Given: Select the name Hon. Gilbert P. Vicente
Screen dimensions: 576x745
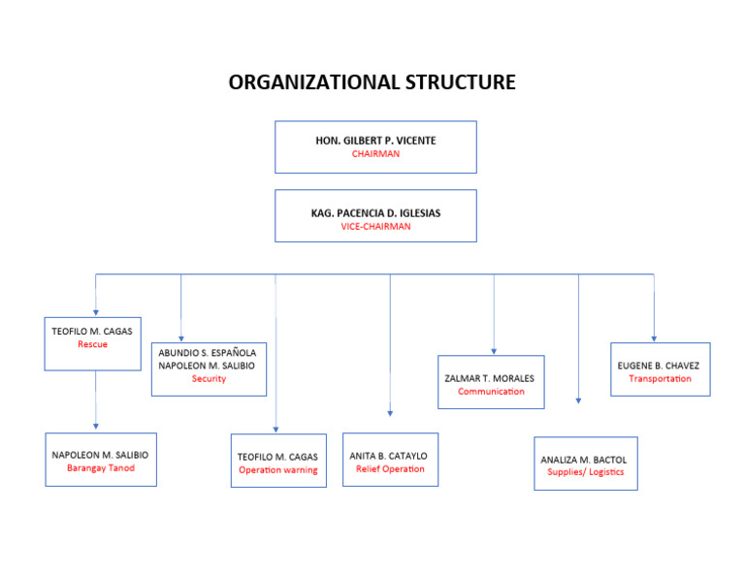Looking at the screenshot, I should [x=375, y=141].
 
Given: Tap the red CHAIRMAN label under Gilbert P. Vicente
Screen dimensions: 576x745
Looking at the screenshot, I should [x=375, y=154].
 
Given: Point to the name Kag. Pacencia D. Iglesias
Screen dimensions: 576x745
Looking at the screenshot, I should [x=375, y=212].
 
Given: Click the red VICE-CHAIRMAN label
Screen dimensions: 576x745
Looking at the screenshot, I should [x=375, y=226].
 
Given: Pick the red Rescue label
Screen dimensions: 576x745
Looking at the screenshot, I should [x=92, y=344].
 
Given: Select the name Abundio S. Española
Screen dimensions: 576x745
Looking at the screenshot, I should [x=208, y=353].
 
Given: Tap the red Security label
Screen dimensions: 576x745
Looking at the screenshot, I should [x=209, y=379].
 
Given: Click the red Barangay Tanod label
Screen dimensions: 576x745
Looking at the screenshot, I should [x=101, y=468].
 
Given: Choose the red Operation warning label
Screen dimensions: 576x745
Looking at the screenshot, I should [x=278, y=470].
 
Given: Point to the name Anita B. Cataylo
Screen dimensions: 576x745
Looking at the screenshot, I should [x=388, y=456].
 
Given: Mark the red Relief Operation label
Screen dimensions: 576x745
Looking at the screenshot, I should [x=390, y=469].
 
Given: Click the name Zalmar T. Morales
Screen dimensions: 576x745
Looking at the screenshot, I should [x=490, y=378].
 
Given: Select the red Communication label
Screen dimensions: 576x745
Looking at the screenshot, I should [x=491, y=392].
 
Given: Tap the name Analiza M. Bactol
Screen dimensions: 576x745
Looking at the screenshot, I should [x=584, y=459].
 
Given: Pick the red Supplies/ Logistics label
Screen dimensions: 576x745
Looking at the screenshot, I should [x=585, y=472].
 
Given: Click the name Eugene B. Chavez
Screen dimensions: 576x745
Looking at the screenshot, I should [x=659, y=366].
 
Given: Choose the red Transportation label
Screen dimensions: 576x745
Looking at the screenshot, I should [x=660, y=379].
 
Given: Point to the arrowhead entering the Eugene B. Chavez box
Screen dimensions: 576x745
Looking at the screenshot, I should [x=654, y=337].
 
